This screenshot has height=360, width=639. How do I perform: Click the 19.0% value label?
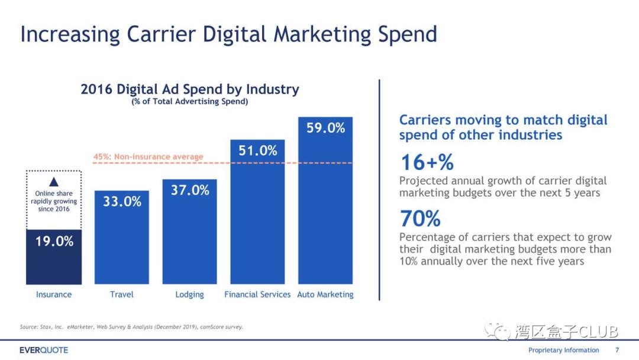pyautogui.click(x=54, y=242)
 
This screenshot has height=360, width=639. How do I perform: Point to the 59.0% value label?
pyautogui.click(x=325, y=128)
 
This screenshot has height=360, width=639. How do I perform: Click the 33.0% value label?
pyautogui.click(x=122, y=201)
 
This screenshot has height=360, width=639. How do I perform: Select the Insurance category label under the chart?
pyautogui.click(x=54, y=294)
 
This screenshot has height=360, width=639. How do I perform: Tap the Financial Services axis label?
pyautogui.click(x=257, y=294)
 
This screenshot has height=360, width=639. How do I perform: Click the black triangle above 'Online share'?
pyautogui.click(x=54, y=182)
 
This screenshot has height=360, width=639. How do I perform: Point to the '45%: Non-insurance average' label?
pyautogui.click(x=148, y=157)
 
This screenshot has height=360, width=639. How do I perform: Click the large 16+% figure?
pyautogui.click(x=427, y=162)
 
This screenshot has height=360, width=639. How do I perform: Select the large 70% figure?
pyautogui.click(x=420, y=219)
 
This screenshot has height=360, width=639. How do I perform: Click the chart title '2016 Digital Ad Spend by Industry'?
pyautogui.click(x=190, y=89)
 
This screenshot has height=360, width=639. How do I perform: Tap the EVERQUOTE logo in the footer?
pyautogui.click(x=44, y=350)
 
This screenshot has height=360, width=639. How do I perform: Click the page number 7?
pyautogui.click(x=617, y=350)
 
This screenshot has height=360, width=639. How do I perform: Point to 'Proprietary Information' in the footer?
pyautogui.click(x=563, y=350)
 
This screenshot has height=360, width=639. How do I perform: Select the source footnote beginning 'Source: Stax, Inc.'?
pyautogui.click(x=131, y=327)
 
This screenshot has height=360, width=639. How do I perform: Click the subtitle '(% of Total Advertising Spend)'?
pyautogui.click(x=190, y=102)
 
